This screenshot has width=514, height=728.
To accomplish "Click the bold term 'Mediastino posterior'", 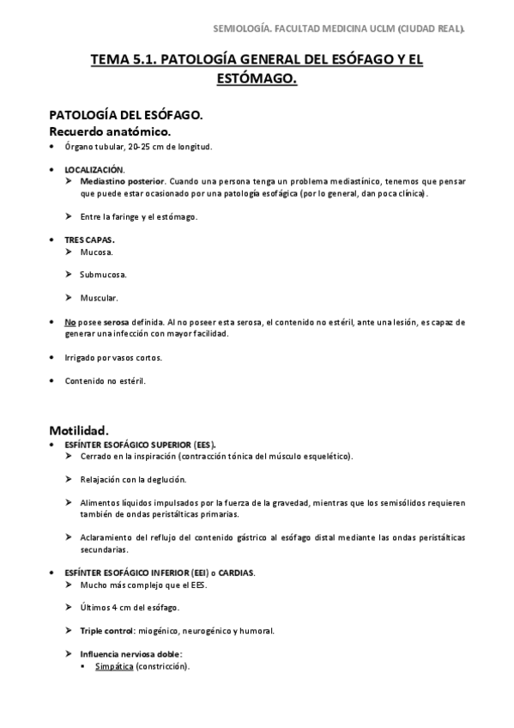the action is [119, 182].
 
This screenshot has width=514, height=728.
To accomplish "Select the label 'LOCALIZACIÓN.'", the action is [94, 170].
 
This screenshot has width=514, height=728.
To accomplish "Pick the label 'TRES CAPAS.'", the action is [89, 240].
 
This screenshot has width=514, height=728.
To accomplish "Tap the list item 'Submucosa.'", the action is [103, 275].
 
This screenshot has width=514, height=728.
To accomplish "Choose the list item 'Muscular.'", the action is [99, 298].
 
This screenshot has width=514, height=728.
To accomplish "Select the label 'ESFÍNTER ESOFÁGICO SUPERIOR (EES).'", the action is [141, 444].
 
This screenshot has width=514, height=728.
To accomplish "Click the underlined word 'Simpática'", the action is [113, 666].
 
